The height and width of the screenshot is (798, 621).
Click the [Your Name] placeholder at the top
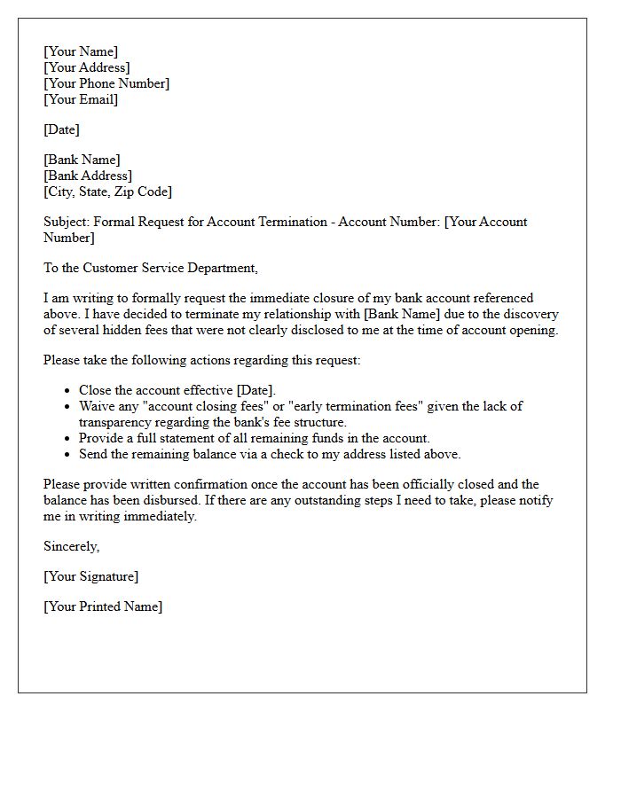tap(81, 51)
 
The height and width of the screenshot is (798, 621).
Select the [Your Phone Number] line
tap(106, 83)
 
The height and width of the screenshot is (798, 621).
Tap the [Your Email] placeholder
tap(81, 99)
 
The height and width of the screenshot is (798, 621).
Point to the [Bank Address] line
tap(88, 176)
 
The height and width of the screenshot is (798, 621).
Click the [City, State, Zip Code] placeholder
tap(107, 192)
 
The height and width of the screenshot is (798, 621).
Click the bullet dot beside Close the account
tap(68, 391)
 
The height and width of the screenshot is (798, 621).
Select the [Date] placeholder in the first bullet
tap(255, 390)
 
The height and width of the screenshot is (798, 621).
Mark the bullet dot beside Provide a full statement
tap(68, 439)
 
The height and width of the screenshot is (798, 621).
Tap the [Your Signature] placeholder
tap(91, 576)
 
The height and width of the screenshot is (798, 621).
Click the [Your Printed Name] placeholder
tap(103, 606)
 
